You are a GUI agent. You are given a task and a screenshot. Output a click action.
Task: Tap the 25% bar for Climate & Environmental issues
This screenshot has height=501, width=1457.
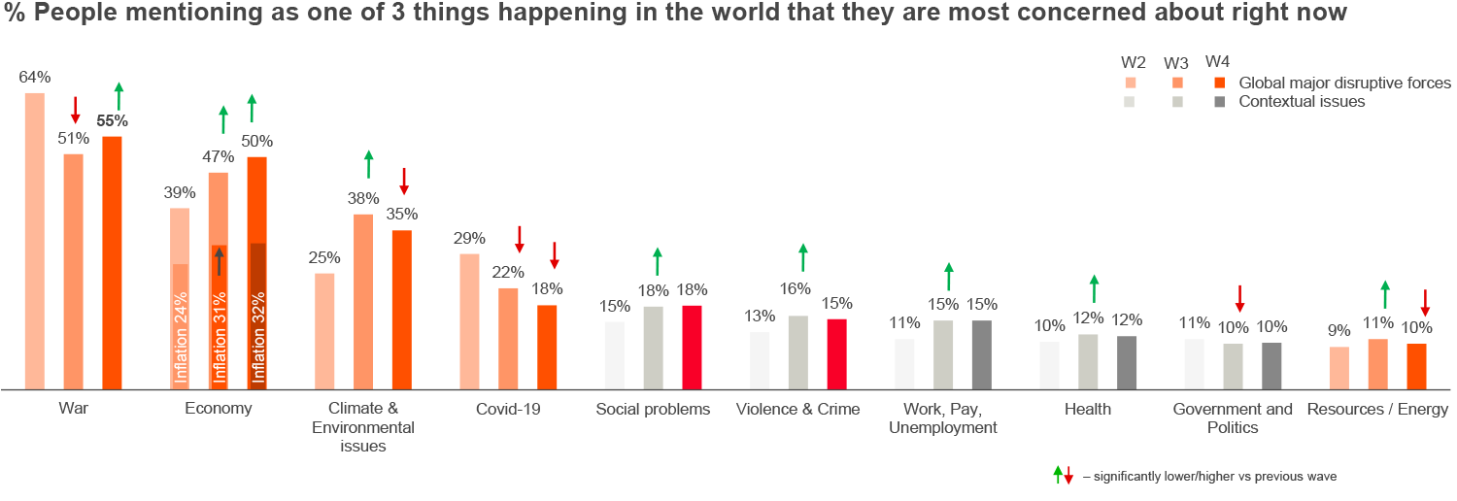click(324, 330)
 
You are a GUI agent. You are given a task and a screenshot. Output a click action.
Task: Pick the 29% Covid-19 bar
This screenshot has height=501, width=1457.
click(469, 320)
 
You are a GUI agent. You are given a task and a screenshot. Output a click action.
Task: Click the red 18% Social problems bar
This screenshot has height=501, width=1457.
click(692, 347)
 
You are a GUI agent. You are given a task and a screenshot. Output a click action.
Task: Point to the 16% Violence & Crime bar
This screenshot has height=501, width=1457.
click(797, 351)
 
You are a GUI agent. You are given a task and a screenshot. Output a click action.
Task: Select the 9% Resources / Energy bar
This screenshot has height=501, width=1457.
click(1339, 367)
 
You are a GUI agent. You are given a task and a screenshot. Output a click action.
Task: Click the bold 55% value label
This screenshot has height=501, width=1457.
click(112, 121)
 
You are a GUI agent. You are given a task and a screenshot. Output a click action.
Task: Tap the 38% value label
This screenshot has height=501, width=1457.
click(362, 198)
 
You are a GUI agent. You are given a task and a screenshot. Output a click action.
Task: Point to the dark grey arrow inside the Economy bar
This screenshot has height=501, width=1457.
click(220, 260)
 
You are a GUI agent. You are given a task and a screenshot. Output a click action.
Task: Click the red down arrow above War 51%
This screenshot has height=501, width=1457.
click(75, 110)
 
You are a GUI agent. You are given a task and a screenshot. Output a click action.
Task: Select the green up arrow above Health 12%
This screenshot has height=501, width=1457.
click(1094, 288)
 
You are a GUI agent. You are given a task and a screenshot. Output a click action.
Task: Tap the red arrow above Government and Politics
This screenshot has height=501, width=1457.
click(1239, 298)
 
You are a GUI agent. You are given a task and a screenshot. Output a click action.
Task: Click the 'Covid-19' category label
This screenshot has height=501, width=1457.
click(508, 409)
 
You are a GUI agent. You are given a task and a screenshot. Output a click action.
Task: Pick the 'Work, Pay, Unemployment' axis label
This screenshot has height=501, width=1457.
click(943, 417)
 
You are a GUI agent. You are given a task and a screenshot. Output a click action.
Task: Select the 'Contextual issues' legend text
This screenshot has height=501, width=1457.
click(1302, 101)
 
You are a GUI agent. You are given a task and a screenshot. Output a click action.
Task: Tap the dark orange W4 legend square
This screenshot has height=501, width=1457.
click(1221, 83)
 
